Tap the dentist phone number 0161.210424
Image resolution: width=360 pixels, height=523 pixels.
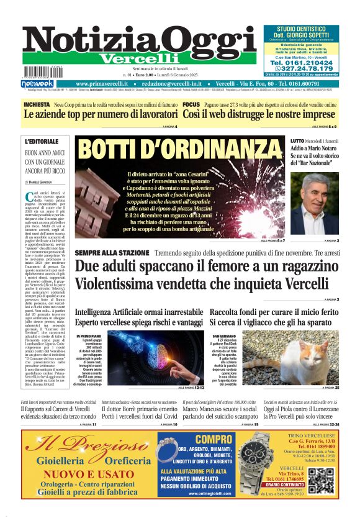310,63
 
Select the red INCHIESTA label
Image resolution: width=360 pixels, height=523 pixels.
37,105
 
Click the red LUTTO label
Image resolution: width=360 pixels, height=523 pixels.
297,142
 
